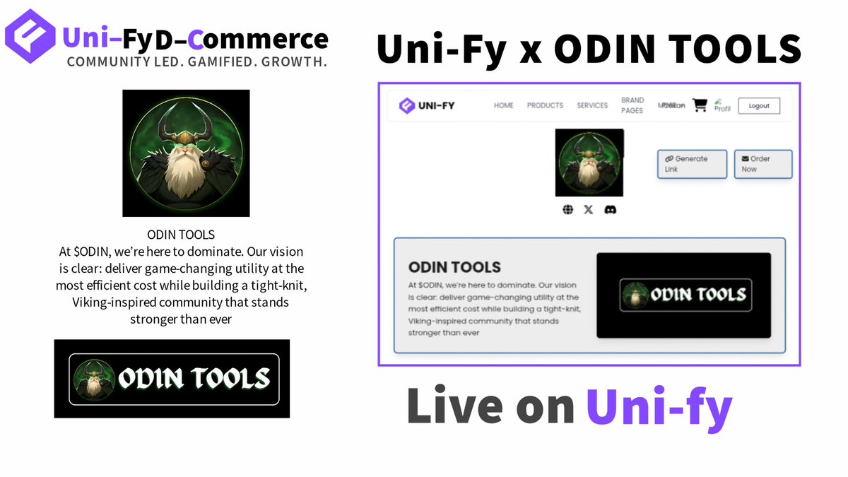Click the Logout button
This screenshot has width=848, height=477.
pyautogui.click(x=759, y=106)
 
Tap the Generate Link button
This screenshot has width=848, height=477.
pyautogui.click(x=692, y=164)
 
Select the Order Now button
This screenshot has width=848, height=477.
pyautogui.click(x=762, y=164)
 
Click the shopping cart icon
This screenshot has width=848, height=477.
pyautogui.click(x=700, y=105)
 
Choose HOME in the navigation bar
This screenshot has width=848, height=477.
pyautogui.click(x=504, y=105)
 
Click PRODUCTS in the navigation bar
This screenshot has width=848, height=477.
pyautogui.click(x=545, y=105)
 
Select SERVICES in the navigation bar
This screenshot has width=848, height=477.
pyautogui.click(x=592, y=105)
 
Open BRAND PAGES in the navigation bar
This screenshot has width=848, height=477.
pyautogui.click(x=632, y=105)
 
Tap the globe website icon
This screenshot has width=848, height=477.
pyautogui.click(x=567, y=210)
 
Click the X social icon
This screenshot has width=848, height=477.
pyautogui.click(x=589, y=210)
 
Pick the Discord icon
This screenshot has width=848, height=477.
pyautogui.click(x=611, y=210)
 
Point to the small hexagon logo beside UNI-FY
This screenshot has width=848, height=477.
pyautogui.click(x=407, y=106)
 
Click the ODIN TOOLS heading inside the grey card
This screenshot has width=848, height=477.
pyautogui.click(x=454, y=267)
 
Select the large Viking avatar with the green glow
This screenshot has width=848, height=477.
pyautogui.click(x=186, y=153)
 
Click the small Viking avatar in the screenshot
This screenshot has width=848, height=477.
pyautogui.click(x=589, y=163)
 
